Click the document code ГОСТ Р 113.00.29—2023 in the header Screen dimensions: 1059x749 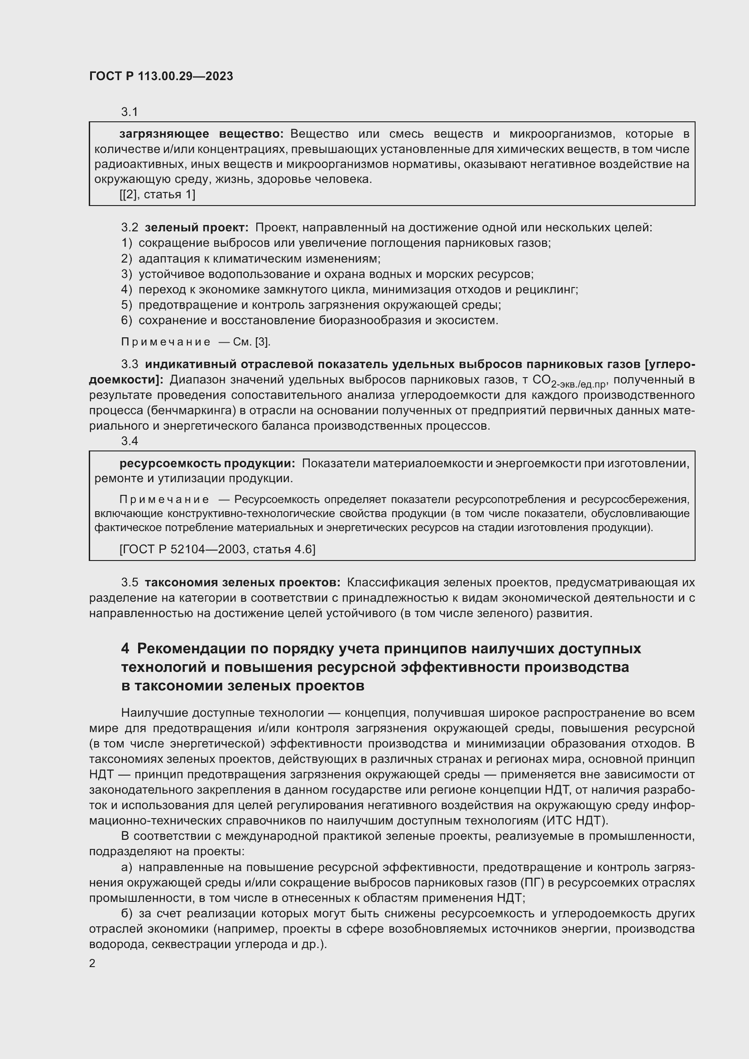pyautogui.click(x=161, y=77)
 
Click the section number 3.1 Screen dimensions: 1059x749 pyautogui.click(x=130, y=112)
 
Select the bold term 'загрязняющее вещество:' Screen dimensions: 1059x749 pyautogui.click(x=202, y=134)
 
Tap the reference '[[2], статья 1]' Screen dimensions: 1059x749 pyautogui.click(x=157, y=195)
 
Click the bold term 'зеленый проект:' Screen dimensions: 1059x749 pyautogui.click(x=197, y=228)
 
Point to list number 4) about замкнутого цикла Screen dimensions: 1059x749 pyautogui.click(x=126, y=290)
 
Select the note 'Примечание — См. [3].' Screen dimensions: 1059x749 pyautogui.click(x=196, y=342)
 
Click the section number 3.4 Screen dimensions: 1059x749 pyautogui.click(x=130, y=441)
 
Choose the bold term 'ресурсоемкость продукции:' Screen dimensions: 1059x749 pyautogui.click(x=207, y=464)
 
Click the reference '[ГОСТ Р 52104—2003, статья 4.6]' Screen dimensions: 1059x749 pyautogui.click(x=217, y=549)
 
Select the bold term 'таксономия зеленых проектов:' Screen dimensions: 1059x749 pyautogui.click(x=243, y=583)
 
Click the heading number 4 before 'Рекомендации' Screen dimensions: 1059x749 pyautogui.click(x=125, y=649)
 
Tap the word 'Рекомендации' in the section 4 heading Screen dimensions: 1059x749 pyautogui.click(x=192, y=649)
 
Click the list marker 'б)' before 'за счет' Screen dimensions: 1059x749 pyautogui.click(x=126, y=913)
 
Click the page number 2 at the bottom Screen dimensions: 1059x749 pyautogui.click(x=92, y=963)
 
